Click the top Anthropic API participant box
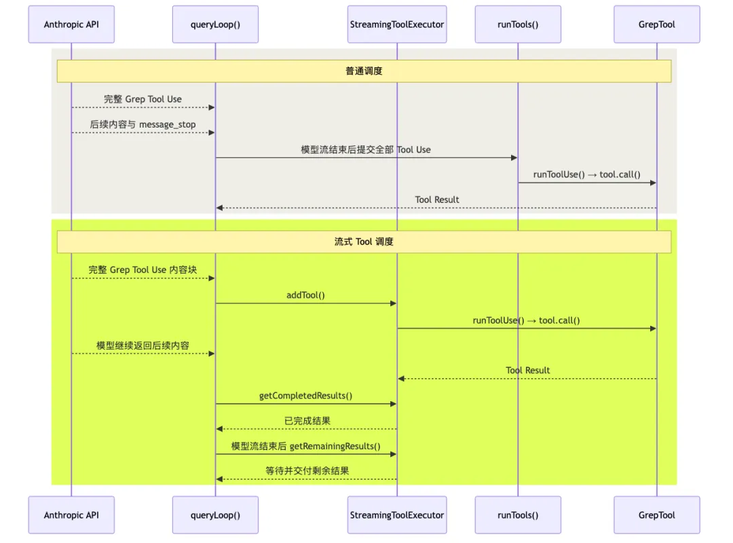coord(71,24)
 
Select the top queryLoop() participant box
coord(215,24)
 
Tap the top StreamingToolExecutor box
coord(397,24)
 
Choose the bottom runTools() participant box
coord(518,515)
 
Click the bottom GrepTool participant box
coord(657,515)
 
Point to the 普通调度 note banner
coord(364,71)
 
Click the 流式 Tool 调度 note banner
coord(364,242)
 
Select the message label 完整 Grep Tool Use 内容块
coord(143,270)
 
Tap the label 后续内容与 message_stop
coord(143,124)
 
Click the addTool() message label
coord(305,295)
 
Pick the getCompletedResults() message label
coord(305,396)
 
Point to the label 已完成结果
coord(307,421)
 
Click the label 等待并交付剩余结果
coord(307,471)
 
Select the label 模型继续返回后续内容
coord(143,345)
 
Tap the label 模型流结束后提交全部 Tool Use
coord(366,149)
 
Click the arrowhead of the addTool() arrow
coord(394,303)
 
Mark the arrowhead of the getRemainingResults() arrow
coord(394,454)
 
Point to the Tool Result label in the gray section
coord(437,200)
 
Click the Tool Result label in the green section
coord(528,371)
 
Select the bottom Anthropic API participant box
coord(71,515)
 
